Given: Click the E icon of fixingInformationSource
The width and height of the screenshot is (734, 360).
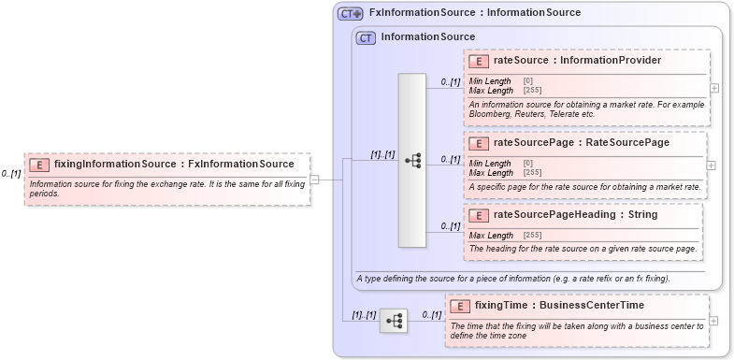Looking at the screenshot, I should tap(39, 165).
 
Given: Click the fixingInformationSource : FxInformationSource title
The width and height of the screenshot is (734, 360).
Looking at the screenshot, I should tap(174, 165).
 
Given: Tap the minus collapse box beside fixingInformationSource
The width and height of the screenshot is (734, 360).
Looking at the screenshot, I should tap(315, 180).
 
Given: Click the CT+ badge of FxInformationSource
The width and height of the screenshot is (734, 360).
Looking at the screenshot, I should tap(351, 13).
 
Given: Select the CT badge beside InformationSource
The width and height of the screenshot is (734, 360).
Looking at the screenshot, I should tap(366, 37).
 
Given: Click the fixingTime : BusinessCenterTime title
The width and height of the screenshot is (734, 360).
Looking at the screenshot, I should tap(559, 305).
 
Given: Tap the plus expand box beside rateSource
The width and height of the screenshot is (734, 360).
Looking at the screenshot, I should tap(714, 88).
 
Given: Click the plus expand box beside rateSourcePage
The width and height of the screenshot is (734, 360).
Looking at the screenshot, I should tap(711, 165).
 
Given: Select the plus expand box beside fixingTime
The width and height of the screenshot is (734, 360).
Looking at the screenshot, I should tap(714, 321).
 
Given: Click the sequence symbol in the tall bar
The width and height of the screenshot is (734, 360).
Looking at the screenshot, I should tap(412, 161).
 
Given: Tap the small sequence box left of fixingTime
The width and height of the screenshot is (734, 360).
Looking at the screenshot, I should tap(394, 321).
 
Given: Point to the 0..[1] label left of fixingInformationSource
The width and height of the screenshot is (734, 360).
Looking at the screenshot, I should tap(11, 174).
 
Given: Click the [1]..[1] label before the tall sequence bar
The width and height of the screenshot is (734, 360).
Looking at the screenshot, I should tap(381, 154).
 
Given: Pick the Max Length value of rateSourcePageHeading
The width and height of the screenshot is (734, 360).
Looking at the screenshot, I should tap(532, 235).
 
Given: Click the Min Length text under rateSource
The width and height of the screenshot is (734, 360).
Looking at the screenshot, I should tap(490, 81).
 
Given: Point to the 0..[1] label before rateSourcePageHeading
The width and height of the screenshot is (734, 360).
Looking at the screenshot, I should tap(451, 226).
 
